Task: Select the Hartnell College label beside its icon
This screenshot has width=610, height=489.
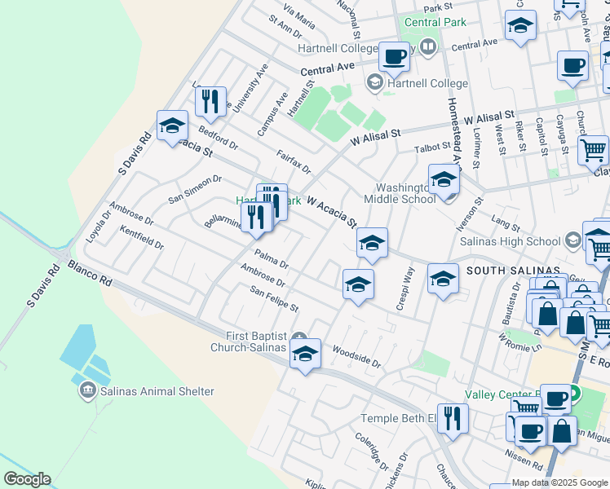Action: coord(428,83)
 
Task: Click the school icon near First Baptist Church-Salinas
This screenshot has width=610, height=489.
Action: coord(305,355)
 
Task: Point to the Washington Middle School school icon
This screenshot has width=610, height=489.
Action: coord(443,181)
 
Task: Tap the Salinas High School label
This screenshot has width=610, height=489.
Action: coord(511,241)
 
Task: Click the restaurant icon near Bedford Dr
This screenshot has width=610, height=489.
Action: coord(210,101)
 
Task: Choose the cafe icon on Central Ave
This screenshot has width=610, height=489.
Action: coord(394,58)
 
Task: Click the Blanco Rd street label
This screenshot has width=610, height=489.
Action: coord(90,273)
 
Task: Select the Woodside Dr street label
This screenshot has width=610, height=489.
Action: coord(356,355)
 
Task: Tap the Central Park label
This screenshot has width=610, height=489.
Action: coord(435,22)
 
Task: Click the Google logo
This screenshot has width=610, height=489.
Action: coord(26,479)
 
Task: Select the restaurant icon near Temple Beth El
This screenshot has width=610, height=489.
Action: coord(453,418)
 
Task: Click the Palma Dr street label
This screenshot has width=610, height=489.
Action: coord(271,259)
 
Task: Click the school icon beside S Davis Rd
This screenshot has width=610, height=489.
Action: coord(172,126)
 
